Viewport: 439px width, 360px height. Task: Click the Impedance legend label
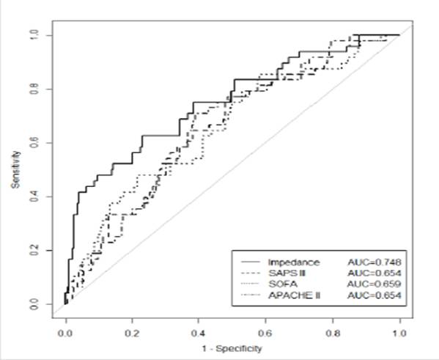click(x=294, y=262)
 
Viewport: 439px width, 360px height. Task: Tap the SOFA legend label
click(x=283, y=284)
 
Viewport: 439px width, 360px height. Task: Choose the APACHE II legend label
click(x=294, y=295)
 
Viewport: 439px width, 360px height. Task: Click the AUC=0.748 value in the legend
click(x=375, y=262)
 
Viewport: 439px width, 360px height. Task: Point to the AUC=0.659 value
click(x=375, y=284)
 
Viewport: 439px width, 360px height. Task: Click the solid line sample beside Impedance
click(x=251, y=262)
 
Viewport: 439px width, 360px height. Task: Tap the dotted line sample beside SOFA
click(x=251, y=284)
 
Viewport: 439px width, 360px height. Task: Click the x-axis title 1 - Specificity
click(x=232, y=349)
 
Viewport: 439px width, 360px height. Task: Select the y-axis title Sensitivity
click(x=15, y=169)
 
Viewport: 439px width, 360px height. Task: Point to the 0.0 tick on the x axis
click(x=66, y=334)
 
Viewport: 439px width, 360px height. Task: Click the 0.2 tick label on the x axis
click(x=132, y=334)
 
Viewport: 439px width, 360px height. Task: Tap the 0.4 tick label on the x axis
click(x=199, y=334)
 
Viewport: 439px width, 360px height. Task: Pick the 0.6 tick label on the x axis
click(x=265, y=334)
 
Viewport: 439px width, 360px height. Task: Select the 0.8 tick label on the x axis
click(x=332, y=334)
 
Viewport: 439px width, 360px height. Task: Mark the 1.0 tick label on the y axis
click(x=34, y=36)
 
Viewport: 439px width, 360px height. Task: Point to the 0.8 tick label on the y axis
click(x=34, y=89)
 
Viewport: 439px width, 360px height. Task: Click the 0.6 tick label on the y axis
click(x=34, y=143)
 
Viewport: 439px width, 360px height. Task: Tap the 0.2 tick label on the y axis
click(x=34, y=250)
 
